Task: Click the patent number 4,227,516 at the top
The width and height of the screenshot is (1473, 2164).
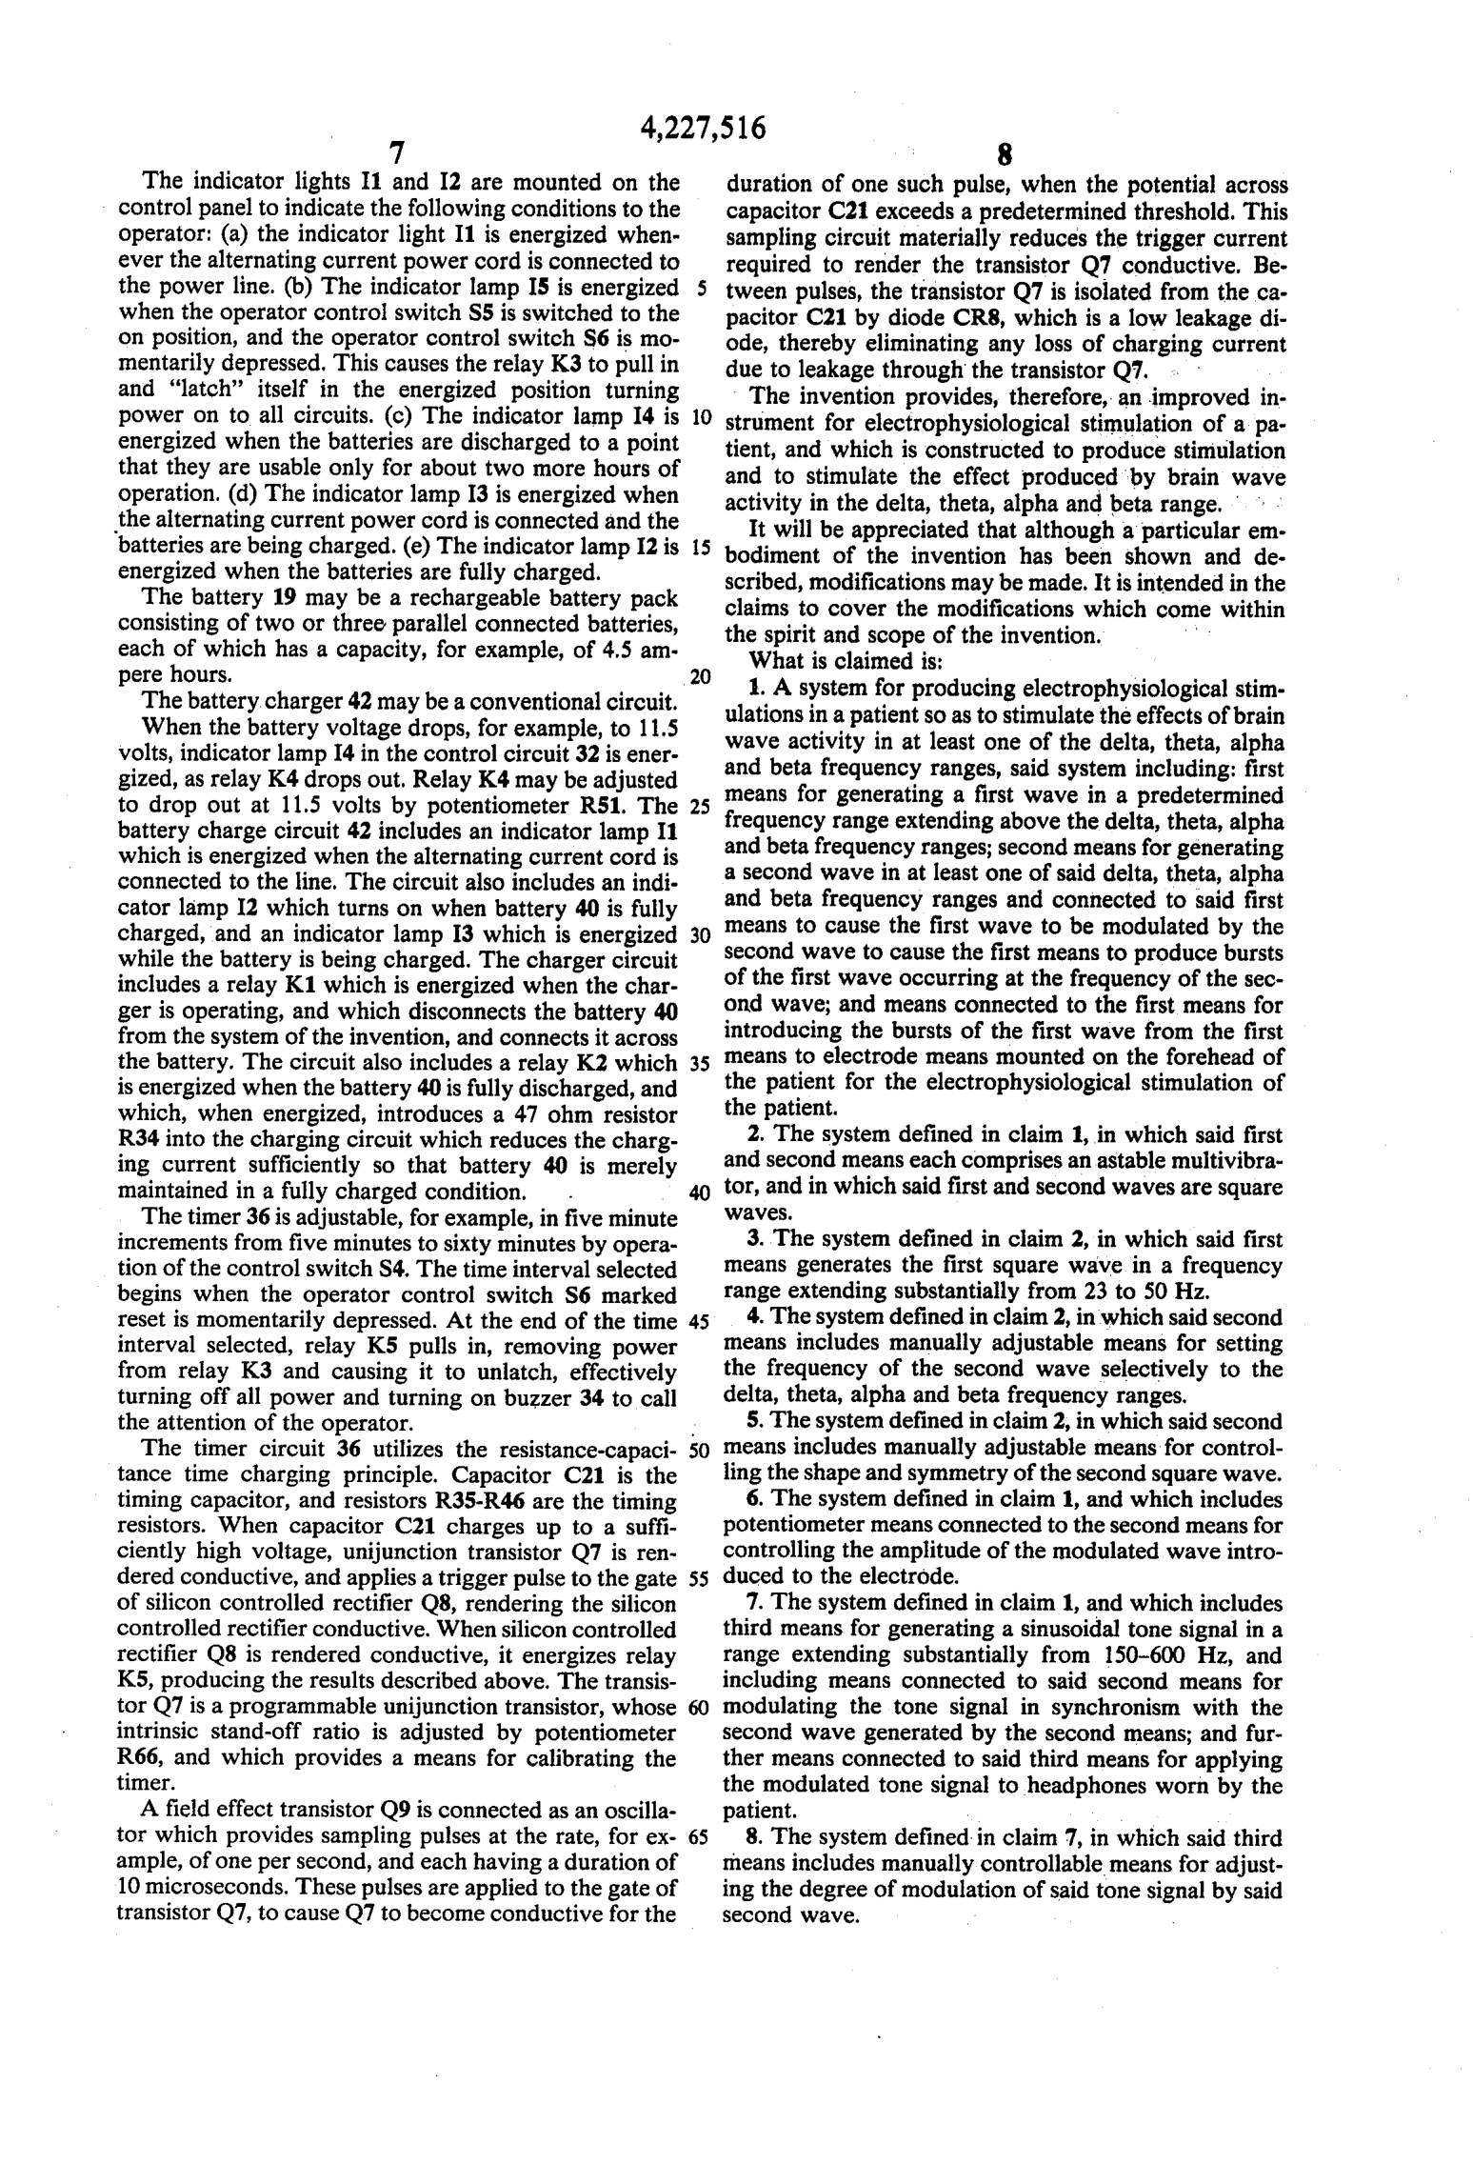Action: tap(704, 128)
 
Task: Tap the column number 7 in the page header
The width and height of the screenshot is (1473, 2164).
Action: tap(397, 152)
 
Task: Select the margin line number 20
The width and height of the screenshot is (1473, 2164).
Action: tap(700, 677)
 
